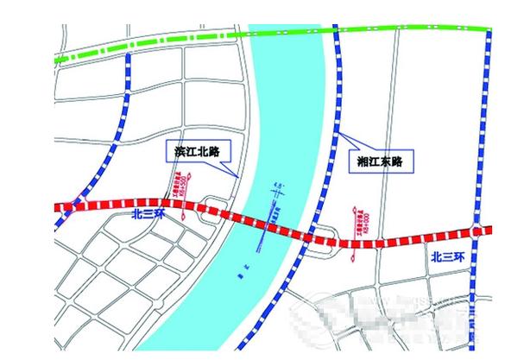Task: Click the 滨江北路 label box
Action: point(192,151)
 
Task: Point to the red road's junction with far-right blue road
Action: point(477,229)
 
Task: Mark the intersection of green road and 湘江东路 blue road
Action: point(334,30)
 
